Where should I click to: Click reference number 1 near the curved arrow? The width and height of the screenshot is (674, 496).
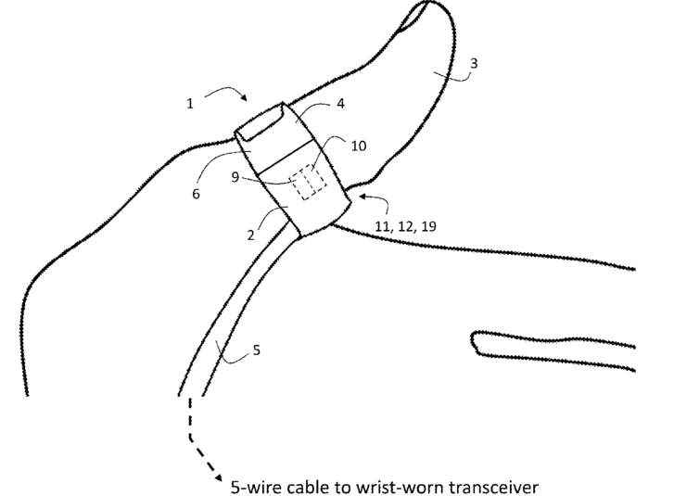click(190, 104)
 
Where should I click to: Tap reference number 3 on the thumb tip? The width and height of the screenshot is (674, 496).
click(475, 64)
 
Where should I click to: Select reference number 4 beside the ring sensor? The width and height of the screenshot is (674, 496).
click(340, 104)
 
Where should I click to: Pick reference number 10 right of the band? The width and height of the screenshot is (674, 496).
click(360, 146)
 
